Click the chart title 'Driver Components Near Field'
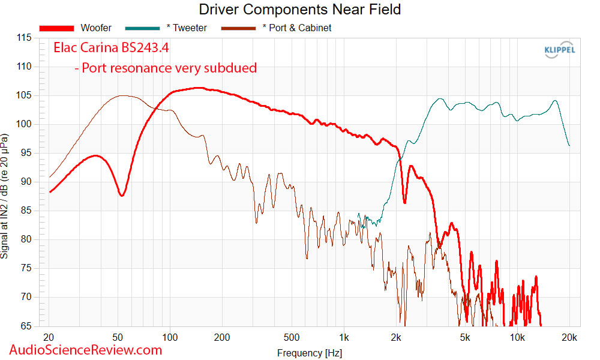pos(299,10)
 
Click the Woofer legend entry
pos(77,28)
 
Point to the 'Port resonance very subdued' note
pos(165,68)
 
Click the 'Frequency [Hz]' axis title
pos(310,353)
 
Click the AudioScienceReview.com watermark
pos(86,349)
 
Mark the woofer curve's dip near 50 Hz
pos(121,196)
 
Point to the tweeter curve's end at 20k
pos(569,146)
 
